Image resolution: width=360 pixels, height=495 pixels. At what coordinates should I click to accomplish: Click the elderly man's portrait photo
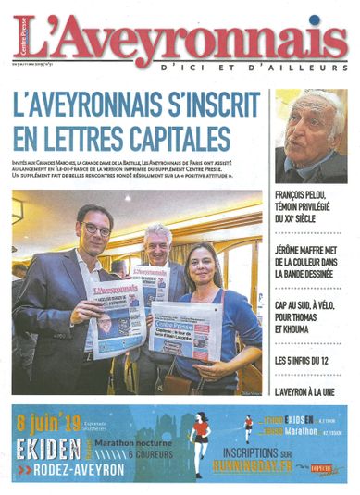[x=311, y=136]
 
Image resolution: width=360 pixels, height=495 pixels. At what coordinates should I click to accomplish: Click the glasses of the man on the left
[x=95, y=229]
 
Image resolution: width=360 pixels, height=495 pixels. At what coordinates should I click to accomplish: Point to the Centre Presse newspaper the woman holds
[x=186, y=332]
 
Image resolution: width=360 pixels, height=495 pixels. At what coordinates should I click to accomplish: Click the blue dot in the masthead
[x=315, y=19]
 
